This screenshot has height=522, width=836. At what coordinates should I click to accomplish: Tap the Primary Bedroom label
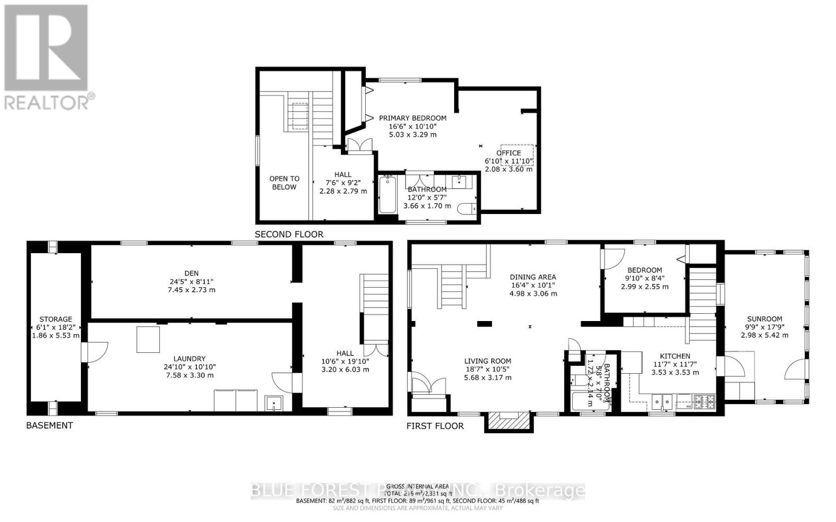click(x=412, y=118)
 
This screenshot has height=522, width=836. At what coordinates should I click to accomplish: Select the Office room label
click(x=508, y=153)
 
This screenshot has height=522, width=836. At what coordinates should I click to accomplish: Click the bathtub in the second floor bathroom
click(x=387, y=195)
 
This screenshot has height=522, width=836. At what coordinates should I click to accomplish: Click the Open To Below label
click(x=284, y=183)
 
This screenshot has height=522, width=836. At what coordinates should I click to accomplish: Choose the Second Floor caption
click(x=289, y=234)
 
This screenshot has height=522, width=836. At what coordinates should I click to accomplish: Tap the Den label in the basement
click(x=191, y=273)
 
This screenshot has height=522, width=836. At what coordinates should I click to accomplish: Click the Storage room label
click(x=56, y=319)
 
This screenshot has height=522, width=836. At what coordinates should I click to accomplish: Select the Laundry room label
click(x=190, y=359)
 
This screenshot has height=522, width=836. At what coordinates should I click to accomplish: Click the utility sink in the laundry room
click(x=274, y=404)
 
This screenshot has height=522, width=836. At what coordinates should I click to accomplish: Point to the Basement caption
click(x=50, y=425)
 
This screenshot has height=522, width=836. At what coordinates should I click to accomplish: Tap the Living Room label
click(x=487, y=361)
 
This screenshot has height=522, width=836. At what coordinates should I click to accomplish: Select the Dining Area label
click(x=533, y=277)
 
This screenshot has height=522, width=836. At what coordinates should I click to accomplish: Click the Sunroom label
click(x=764, y=319)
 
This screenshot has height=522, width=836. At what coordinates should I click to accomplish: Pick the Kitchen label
click(x=675, y=356)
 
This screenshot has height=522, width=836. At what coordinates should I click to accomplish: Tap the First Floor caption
click(x=435, y=426)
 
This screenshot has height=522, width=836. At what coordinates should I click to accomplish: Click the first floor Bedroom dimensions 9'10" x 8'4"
click(x=645, y=278)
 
